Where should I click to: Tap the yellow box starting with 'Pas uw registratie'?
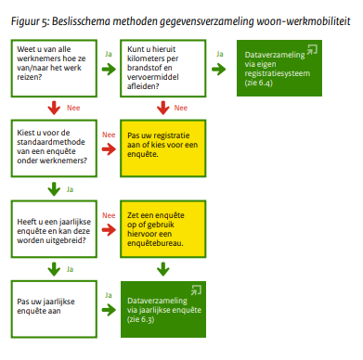(164, 146)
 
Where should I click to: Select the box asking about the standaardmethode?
(53, 146)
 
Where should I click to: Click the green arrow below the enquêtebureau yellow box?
(162, 269)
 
